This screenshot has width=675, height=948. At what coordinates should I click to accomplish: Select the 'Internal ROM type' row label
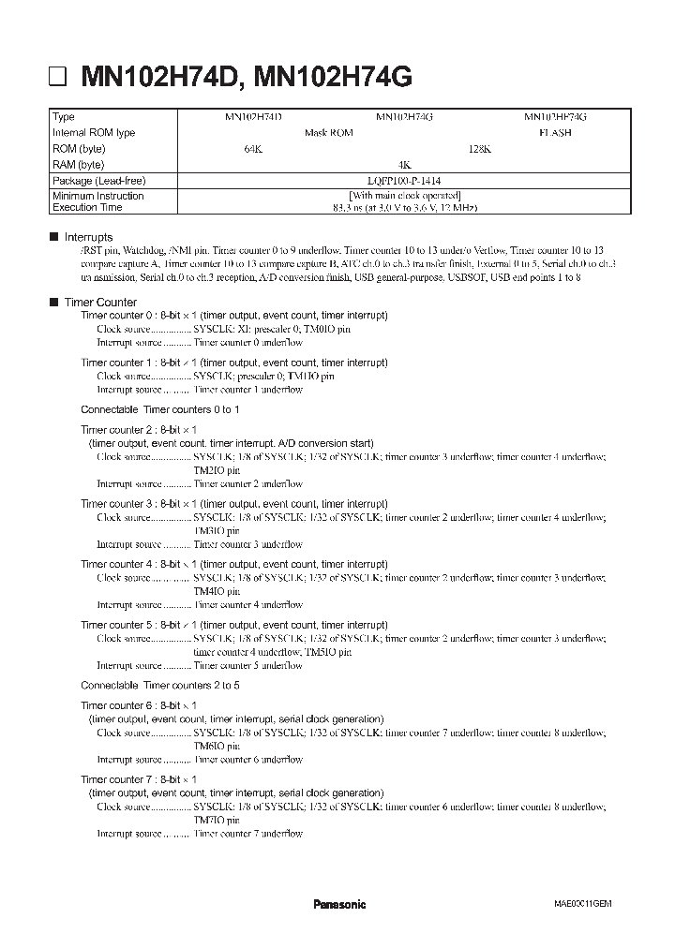click(94, 133)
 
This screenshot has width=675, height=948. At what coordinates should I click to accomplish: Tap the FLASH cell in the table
click(555, 133)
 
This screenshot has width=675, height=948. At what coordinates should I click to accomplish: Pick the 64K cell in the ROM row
click(253, 149)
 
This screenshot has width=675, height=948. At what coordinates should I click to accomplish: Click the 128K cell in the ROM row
click(479, 149)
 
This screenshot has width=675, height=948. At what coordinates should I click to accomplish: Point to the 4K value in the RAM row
click(404, 164)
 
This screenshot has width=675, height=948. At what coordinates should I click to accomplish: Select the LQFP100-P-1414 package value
click(404, 180)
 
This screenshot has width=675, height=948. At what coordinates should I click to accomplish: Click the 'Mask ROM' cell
click(328, 133)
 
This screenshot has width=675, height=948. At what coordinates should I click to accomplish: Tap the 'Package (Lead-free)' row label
click(99, 180)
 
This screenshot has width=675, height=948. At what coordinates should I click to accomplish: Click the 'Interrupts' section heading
click(88, 238)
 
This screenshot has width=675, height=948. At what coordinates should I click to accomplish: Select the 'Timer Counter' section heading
click(100, 303)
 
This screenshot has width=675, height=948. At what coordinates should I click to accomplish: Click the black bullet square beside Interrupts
click(52, 238)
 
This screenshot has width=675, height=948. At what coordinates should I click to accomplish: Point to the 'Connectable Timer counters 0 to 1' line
click(159, 410)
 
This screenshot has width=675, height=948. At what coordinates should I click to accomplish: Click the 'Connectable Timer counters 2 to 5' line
click(159, 685)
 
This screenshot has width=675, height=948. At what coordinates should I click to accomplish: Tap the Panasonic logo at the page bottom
click(338, 904)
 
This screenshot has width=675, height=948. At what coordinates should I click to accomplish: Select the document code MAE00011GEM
click(582, 904)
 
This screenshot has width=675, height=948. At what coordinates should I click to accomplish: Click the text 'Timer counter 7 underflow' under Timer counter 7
click(247, 833)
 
